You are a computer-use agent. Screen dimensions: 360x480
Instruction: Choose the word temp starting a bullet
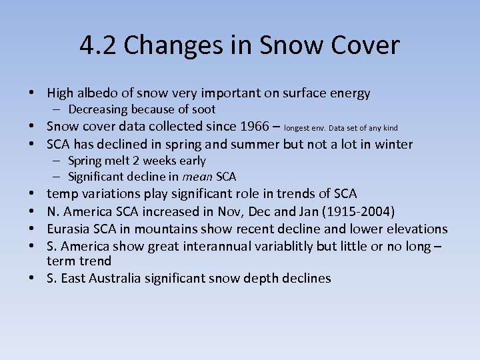click(x=62, y=194)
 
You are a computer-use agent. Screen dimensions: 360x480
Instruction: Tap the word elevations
click(x=417, y=229)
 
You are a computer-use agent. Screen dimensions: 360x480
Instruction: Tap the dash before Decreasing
click(x=58, y=109)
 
